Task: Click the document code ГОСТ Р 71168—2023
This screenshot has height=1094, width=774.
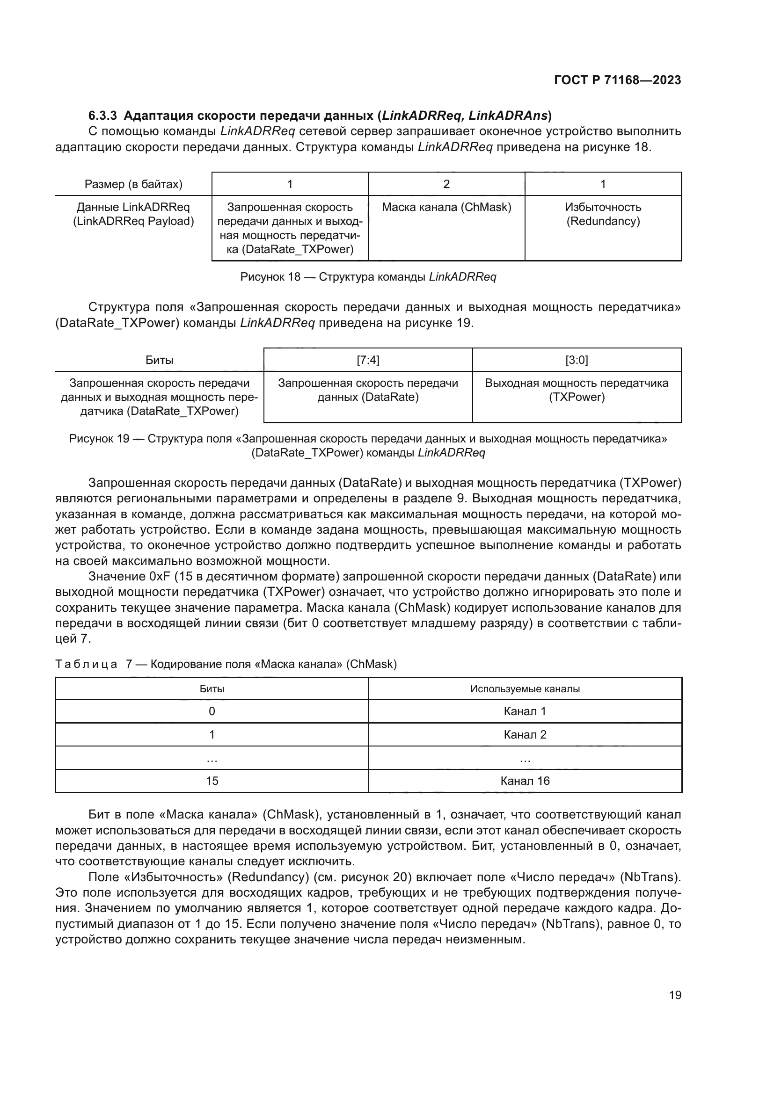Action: (617, 80)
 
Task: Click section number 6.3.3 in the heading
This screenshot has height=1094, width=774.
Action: (102, 116)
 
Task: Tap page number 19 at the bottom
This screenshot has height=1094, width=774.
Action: (675, 995)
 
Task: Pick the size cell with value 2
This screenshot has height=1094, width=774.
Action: (446, 184)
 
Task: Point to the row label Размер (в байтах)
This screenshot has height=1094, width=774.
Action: (133, 184)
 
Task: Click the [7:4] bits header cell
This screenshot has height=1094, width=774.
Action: (368, 360)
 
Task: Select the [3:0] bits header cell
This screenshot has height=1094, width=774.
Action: (576, 360)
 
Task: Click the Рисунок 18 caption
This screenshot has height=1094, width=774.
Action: (368, 277)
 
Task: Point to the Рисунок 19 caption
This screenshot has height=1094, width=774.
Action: (368, 445)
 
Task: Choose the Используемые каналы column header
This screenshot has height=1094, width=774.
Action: (525, 689)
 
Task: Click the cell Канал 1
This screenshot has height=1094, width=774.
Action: (525, 711)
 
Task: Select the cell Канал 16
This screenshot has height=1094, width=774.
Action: (525, 781)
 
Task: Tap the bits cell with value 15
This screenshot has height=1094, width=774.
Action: (212, 781)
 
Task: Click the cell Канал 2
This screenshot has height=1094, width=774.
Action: (525, 735)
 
